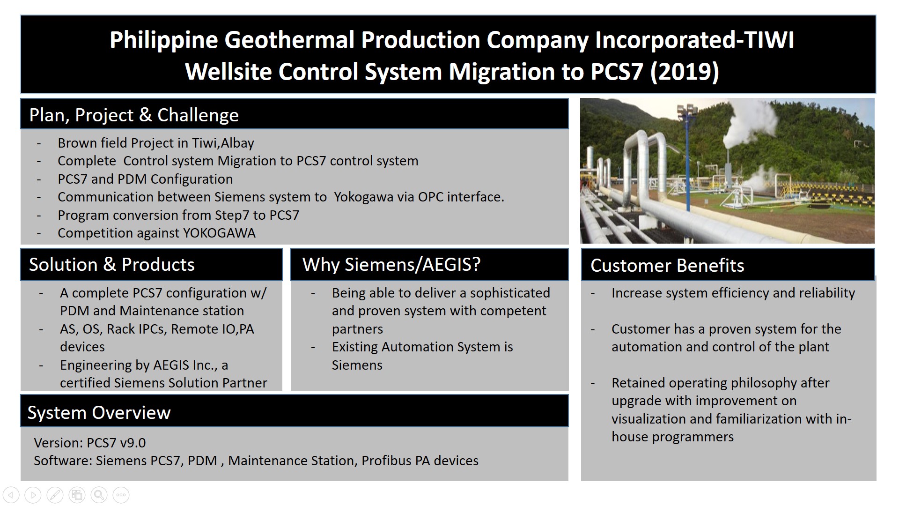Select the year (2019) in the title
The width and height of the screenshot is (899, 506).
[685, 72]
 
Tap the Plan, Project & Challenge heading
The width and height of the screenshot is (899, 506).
[134, 115]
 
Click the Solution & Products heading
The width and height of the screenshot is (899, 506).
[112, 265]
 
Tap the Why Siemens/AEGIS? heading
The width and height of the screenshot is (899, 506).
[391, 265]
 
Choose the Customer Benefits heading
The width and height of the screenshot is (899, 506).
[667, 266]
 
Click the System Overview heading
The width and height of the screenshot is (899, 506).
[99, 413]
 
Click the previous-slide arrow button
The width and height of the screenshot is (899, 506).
[11, 495]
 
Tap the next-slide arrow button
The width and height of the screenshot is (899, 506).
[33, 495]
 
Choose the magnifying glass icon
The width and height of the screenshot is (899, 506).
[99, 495]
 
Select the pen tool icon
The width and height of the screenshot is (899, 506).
[55, 495]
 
